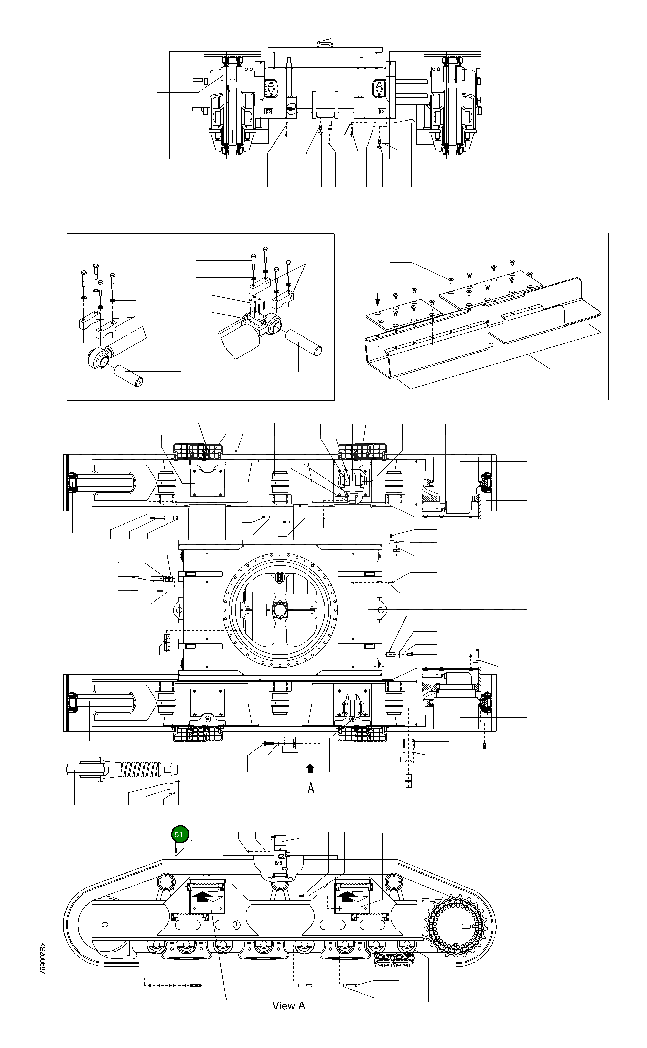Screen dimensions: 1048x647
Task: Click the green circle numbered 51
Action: pyautogui.click(x=180, y=834)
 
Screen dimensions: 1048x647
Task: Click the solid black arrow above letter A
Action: pyautogui.click(x=310, y=769)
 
